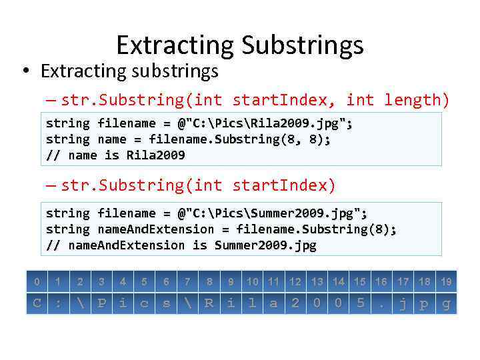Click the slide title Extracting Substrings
pos(240,45)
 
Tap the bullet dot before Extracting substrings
pos(24,71)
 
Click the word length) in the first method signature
pos(417,100)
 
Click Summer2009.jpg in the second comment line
pos(265,245)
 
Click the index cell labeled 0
pos(37,282)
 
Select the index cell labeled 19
pos(446,282)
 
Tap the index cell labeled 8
pos(209,282)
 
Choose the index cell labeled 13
pos(317,282)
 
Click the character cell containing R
pos(209,303)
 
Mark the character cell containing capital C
pos(37,303)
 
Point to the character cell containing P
pos(101,303)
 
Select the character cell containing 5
pos(360,303)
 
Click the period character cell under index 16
pos(381,303)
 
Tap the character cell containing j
pos(403,303)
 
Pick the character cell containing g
pos(446,303)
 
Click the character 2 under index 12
pos(295,303)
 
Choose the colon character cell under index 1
pos(59,303)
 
